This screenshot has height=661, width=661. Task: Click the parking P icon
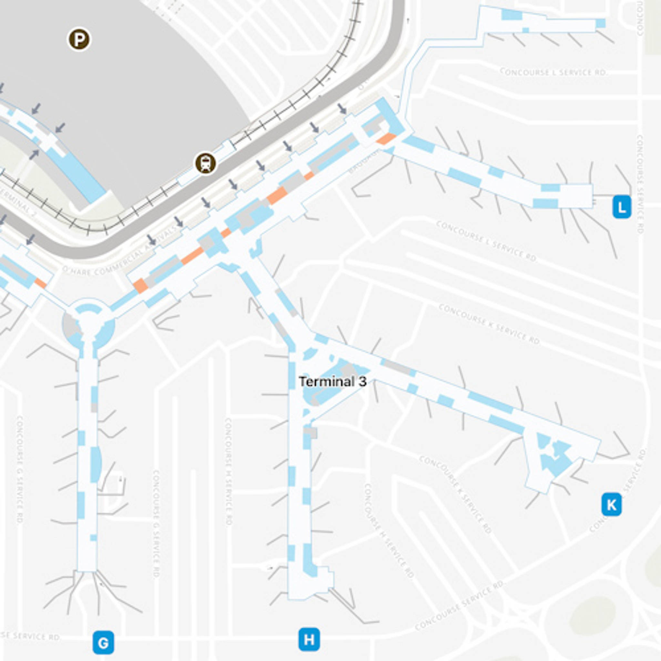(x=79, y=40)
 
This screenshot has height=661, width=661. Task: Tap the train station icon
(x=205, y=164)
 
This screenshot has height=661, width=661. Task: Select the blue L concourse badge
(x=622, y=206)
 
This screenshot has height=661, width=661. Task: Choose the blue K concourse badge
(x=611, y=504)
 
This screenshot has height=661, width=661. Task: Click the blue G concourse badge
(x=103, y=642)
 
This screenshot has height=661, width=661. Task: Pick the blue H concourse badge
(x=309, y=639)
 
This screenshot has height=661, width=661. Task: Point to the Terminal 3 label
(x=332, y=381)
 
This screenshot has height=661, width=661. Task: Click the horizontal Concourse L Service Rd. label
(x=553, y=72)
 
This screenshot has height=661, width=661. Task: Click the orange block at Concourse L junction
(x=386, y=139)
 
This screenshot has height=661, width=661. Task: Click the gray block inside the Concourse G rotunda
(x=70, y=324)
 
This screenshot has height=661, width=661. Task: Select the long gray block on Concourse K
(x=396, y=367)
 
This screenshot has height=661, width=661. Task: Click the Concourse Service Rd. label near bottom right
(x=460, y=605)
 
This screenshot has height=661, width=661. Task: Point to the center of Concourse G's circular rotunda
(x=88, y=323)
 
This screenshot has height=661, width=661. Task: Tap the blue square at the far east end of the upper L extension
(x=600, y=23)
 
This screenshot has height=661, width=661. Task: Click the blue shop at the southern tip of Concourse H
(x=310, y=561)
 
